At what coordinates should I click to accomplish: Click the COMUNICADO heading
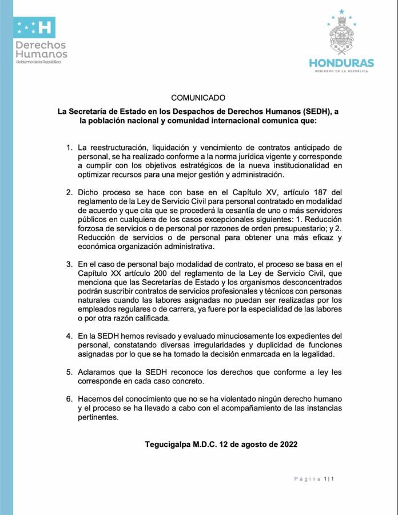pyautogui.click(x=198, y=98)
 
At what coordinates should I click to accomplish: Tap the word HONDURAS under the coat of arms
pyautogui.click(x=341, y=63)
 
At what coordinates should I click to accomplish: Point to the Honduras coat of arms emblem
pyautogui.click(x=342, y=35)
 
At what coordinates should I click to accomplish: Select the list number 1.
pyautogui.click(x=69, y=148)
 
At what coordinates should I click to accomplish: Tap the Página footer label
pyautogui.click(x=307, y=478)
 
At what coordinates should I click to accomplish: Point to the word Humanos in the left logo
pyautogui.click(x=41, y=54)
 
